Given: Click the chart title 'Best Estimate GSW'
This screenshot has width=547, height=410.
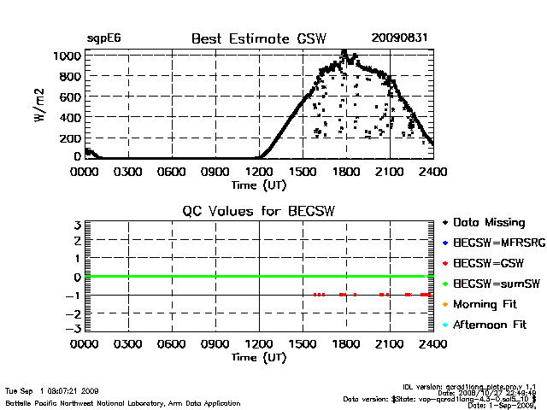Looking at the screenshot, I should [x=259, y=38].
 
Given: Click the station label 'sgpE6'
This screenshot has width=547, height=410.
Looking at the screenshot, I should [x=103, y=38].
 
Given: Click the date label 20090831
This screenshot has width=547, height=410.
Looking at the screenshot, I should [x=399, y=38].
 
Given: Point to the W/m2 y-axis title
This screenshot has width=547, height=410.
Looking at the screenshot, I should [x=40, y=106].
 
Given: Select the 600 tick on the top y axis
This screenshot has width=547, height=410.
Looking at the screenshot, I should [x=72, y=97].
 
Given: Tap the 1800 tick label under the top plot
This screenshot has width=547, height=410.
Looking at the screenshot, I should [x=346, y=172].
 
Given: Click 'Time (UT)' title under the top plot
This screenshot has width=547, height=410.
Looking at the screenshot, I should [x=259, y=184].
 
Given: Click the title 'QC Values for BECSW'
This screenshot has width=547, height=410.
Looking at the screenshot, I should [x=259, y=212].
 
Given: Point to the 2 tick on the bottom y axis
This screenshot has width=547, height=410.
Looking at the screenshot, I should [x=77, y=242].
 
